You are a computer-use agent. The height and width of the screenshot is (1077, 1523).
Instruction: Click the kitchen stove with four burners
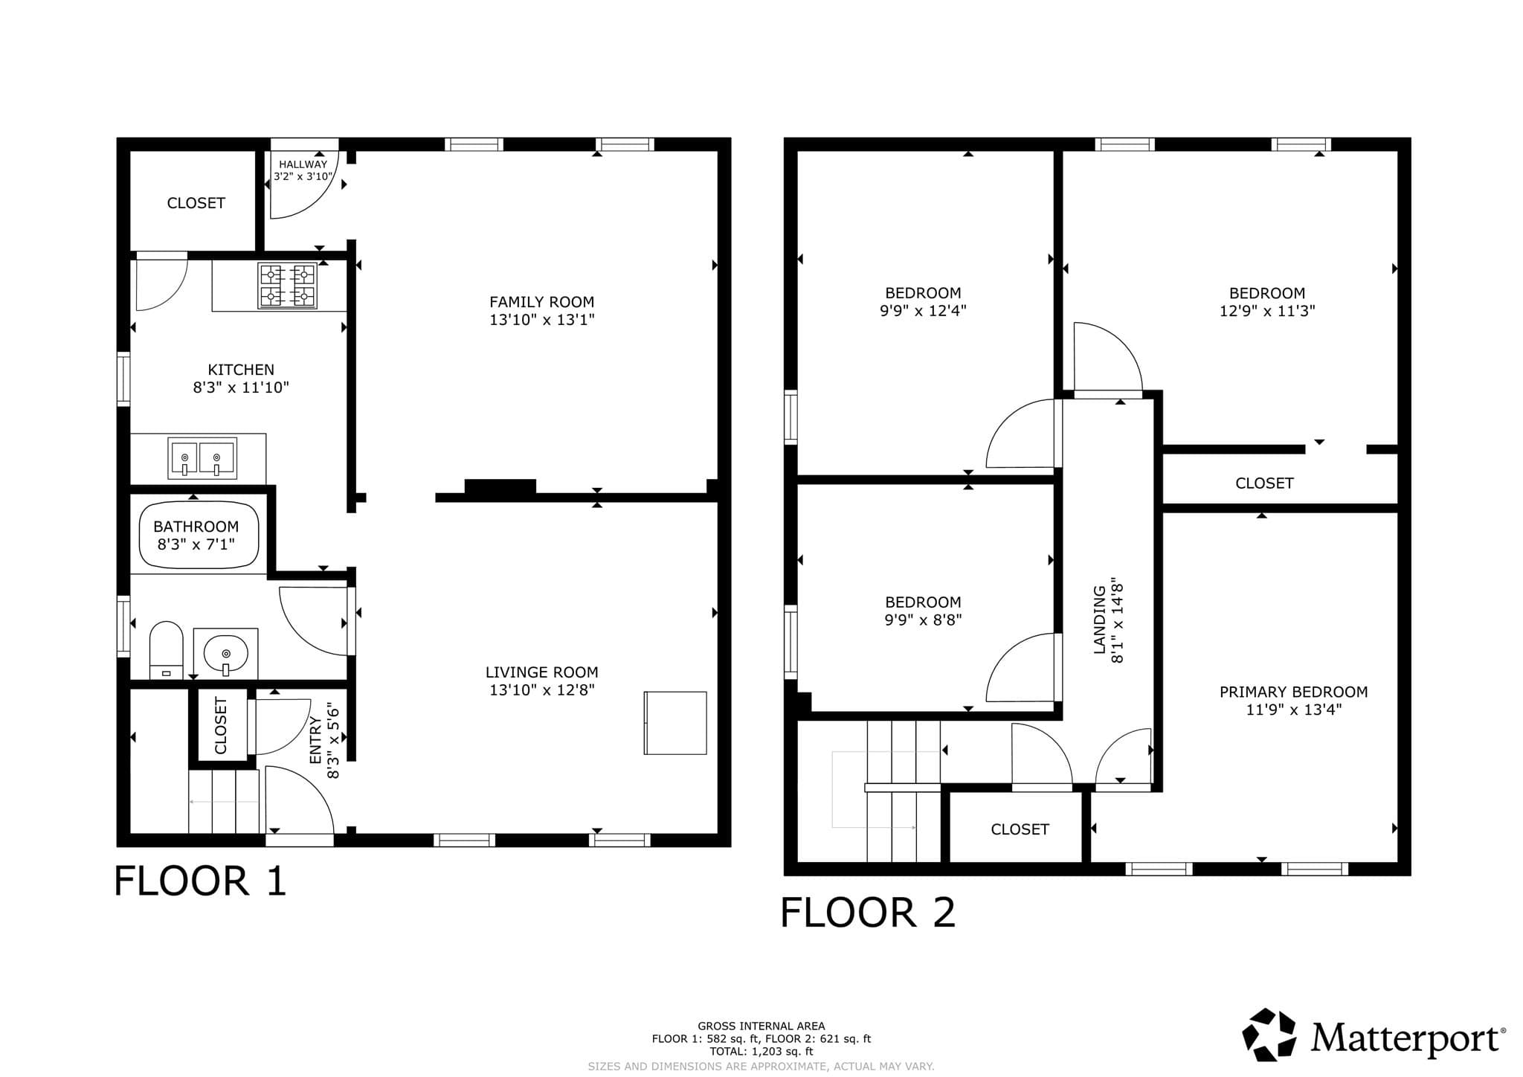[x=286, y=286]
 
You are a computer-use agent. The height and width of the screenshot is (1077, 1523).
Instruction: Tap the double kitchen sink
[x=202, y=457]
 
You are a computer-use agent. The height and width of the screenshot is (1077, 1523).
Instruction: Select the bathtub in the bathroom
[x=199, y=536]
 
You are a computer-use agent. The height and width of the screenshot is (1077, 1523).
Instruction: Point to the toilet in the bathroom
[x=166, y=649]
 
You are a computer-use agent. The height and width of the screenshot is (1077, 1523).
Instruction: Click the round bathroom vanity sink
[x=226, y=653]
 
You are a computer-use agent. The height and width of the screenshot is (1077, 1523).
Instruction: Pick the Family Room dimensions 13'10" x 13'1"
[x=541, y=320]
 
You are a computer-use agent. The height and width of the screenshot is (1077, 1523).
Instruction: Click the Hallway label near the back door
[x=303, y=164]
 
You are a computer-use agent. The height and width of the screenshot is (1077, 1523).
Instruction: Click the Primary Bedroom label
[x=1293, y=692]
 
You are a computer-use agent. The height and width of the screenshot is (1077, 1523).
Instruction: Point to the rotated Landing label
[x=1099, y=620]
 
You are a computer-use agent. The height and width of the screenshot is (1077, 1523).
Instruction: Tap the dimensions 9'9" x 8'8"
[x=923, y=620]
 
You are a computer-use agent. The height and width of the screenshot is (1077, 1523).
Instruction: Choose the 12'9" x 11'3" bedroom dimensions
[x=1267, y=311]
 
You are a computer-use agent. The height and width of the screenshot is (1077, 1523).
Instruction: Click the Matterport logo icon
[x=1269, y=1035]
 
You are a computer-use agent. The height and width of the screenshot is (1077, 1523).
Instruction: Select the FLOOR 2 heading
[x=868, y=913]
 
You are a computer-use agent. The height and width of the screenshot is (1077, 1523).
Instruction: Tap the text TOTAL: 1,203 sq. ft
[x=761, y=1052]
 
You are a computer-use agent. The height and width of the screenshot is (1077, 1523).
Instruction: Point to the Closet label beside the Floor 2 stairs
[x=1020, y=829]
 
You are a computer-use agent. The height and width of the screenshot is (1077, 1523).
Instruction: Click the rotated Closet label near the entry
[x=221, y=725]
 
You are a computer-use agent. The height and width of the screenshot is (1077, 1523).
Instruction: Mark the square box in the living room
[x=675, y=723]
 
